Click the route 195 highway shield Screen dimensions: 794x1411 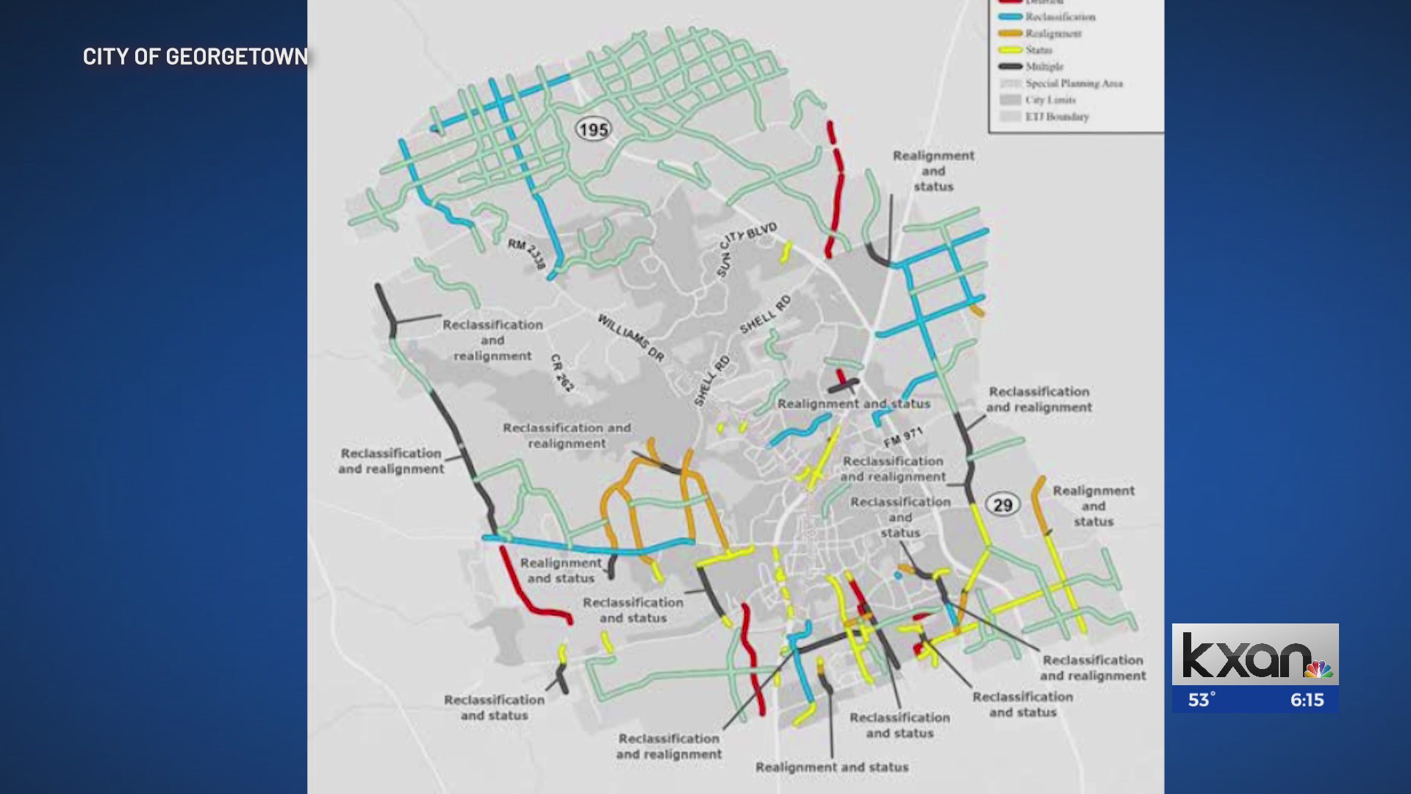(593, 130)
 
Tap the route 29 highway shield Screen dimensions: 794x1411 (1002, 505)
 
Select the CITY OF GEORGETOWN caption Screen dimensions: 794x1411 (195, 57)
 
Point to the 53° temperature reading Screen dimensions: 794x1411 (1202, 700)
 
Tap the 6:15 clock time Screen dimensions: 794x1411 (1307, 700)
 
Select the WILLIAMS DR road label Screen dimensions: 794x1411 (631, 337)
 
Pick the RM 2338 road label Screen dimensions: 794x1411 (527, 254)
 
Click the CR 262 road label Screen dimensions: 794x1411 (562, 373)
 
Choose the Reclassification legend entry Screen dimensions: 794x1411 (1060, 17)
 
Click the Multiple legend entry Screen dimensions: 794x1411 (1044, 66)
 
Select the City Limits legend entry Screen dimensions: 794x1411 (1050, 100)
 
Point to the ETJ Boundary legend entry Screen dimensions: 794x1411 (1057, 117)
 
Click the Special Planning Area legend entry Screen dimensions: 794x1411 (1074, 83)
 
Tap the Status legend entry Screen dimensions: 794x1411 (1038, 50)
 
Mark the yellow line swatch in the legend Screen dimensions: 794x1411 (1010, 50)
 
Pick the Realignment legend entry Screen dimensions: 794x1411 (1053, 33)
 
